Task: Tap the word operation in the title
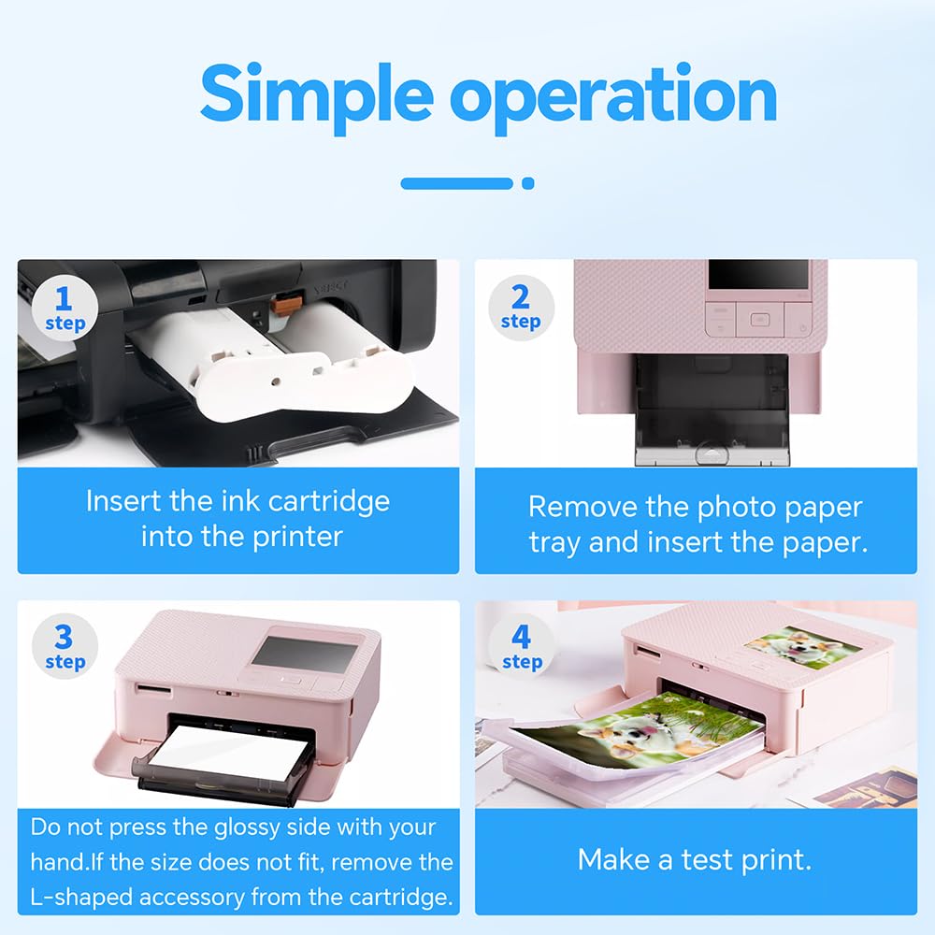pyautogui.click(x=613, y=97)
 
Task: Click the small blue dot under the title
pyautogui.click(x=527, y=183)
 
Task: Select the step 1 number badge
pyautogui.click(x=65, y=309)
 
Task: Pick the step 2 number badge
pyautogui.click(x=521, y=308)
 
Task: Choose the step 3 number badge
pyautogui.click(x=65, y=646)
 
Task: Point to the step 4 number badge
pyautogui.click(x=521, y=646)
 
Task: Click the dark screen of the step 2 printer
pyautogui.click(x=758, y=274)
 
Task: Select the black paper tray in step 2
pyautogui.click(x=712, y=410)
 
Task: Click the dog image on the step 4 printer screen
pyautogui.click(x=803, y=647)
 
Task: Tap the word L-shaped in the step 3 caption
pyautogui.click(x=81, y=898)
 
